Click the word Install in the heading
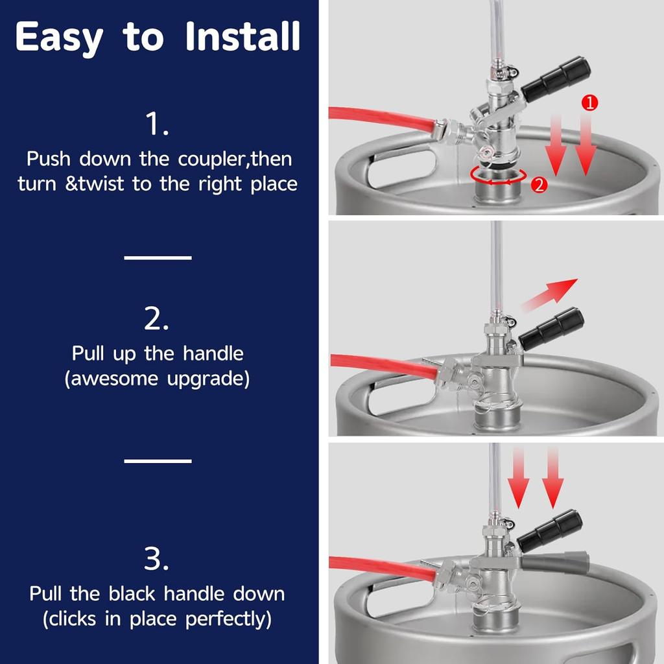tap(243, 36)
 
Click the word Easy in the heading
tap(59, 38)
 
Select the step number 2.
tap(156, 319)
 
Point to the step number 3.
tap(156, 559)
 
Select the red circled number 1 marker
tap(589, 102)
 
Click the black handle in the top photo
tap(556, 79)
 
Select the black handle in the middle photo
tap(551, 329)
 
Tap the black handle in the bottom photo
tap(550, 530)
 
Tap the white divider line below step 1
tap(158, 257)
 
